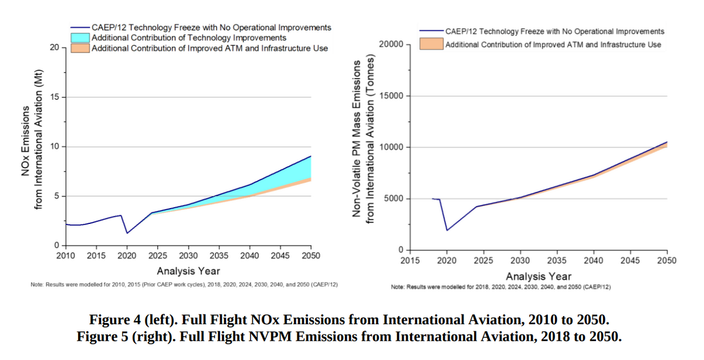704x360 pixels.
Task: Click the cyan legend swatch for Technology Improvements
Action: click(x=80, y=38)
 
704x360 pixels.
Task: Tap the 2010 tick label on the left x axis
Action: click(x=66, y=256)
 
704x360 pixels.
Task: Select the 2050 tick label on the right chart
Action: click(x=667, y=260)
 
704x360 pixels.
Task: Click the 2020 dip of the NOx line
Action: click(x=127, y=233)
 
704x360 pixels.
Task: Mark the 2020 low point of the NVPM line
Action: click(x=447, y=230)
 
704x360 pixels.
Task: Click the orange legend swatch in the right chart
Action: click(x=431, y=44)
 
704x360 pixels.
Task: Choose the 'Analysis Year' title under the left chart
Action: click(x=188, y=270)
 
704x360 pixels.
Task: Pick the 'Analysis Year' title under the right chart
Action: click(x=539, y=276)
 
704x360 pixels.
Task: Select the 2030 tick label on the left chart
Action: click(x=188, y=256)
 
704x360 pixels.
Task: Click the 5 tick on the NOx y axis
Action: click(x=56, y=196)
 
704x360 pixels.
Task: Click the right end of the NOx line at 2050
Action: click(x=311, y=156)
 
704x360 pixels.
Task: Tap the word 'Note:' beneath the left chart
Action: click(x=38, y=284)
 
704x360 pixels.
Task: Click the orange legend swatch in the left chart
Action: click(x=80, y=48)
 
